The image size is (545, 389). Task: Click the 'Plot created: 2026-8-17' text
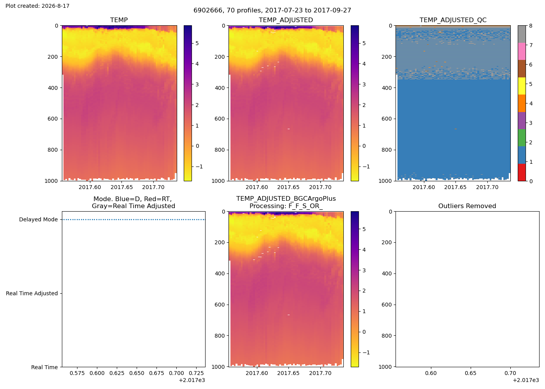point(37,6)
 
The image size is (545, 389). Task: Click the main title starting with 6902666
point(272,11)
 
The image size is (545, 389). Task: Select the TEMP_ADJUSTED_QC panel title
point(453,20)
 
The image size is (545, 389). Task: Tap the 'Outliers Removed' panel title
point(467,206)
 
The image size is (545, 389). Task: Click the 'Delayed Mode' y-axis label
point(39,219)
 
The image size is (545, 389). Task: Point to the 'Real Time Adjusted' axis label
point(32,293)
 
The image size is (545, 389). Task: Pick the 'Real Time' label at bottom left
point(44,367)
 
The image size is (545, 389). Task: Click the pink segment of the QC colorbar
point(522,51)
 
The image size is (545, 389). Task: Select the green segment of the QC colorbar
point(522,138)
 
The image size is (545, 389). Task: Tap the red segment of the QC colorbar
point(522,172)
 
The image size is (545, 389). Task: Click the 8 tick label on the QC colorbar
point(531,26)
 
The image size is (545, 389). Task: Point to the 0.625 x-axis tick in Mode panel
point(117,373)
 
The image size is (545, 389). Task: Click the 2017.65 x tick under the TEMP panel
point(121,187)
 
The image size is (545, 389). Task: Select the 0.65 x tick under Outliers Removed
point(471,373)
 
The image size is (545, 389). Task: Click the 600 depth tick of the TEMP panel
point(53,119)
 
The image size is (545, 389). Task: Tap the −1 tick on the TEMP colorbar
point(199,167)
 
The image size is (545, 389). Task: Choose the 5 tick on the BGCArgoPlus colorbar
point(364,229)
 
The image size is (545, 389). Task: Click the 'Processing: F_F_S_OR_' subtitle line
point(286,206)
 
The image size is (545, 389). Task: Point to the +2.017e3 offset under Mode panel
point(192,380)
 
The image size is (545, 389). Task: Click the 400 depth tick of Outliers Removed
point(387,273)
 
